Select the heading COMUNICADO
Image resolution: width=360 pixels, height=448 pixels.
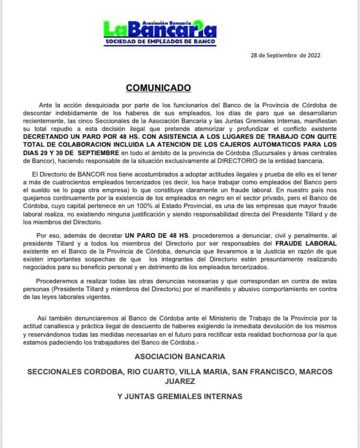pos(159,88)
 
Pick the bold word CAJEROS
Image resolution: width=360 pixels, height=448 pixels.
pos(238,144)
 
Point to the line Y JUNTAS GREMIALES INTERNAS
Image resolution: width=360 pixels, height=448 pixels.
pos(179,396)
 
